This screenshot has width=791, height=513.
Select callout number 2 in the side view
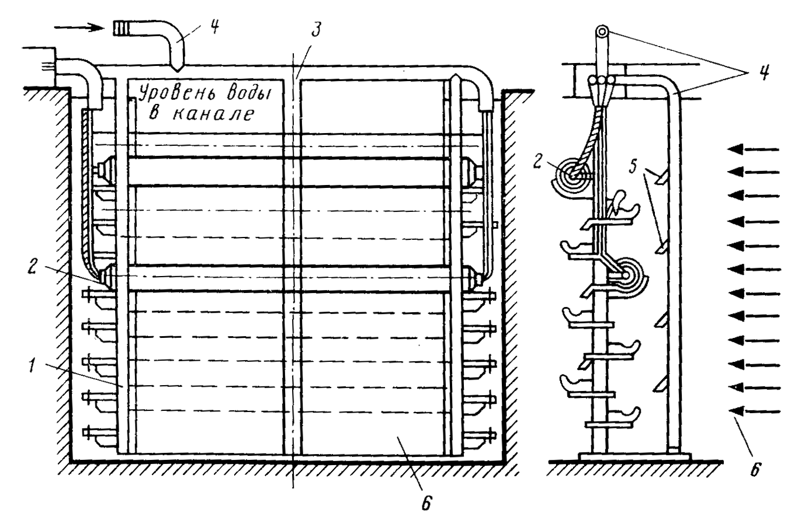(537, 162)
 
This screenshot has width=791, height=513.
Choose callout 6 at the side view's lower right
(755, 469)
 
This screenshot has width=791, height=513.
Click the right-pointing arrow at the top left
(81, 27)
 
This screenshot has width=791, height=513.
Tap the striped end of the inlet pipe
(122, 28)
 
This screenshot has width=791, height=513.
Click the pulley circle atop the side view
(602, 32)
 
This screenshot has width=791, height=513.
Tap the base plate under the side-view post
(634, 456)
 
